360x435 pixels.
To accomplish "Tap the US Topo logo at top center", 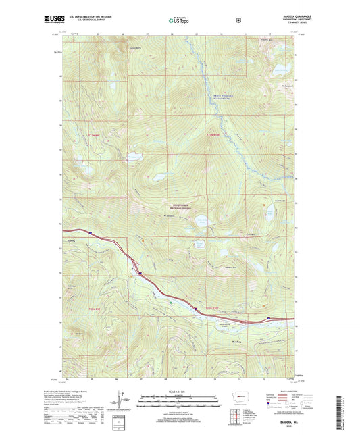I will click(x=180, y=21).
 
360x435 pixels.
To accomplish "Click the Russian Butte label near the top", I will click(x=135, y=48).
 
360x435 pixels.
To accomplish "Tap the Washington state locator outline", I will click(x=237, y=396).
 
